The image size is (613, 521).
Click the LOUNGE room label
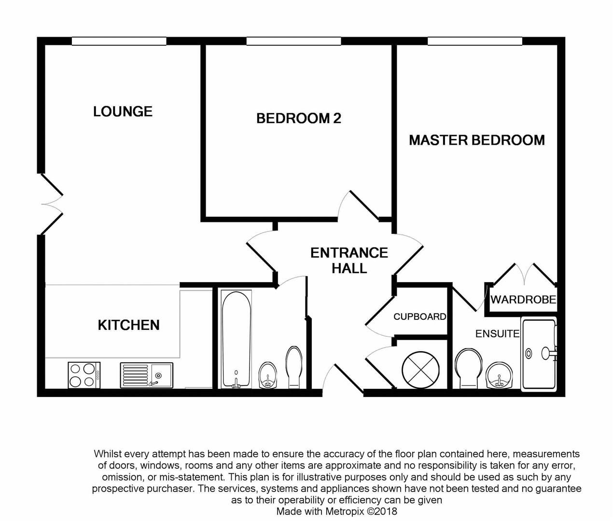pyautogui.click(x=123, y=111)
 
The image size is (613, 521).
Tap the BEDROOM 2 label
pyautogui.click(x=298, y=118)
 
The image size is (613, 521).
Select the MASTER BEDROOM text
pyautogui.click(x=477, y=140)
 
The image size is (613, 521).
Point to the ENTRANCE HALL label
pyautogui.click(x=349, y=260)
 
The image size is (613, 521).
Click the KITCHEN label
pyautogui.click(x=128, y=325)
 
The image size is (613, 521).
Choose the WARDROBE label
pyautogui.click(x=523, y=300)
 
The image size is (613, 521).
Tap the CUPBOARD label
pyautogui.click(x=419, y=317)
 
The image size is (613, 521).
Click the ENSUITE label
pyautogui.click(x=497, y=334)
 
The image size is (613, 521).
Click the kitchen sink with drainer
pyautogui.click(x=146, y=375)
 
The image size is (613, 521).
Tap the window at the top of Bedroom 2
pyautogui.click(x=293, y=41)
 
